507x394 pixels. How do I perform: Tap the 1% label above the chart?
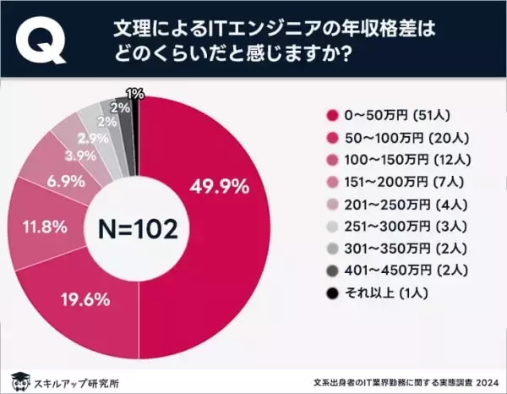(x=134, y=92)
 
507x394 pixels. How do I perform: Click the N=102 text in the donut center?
(x=139, y=227)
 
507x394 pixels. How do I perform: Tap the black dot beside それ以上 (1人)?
(x=331, y=293)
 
